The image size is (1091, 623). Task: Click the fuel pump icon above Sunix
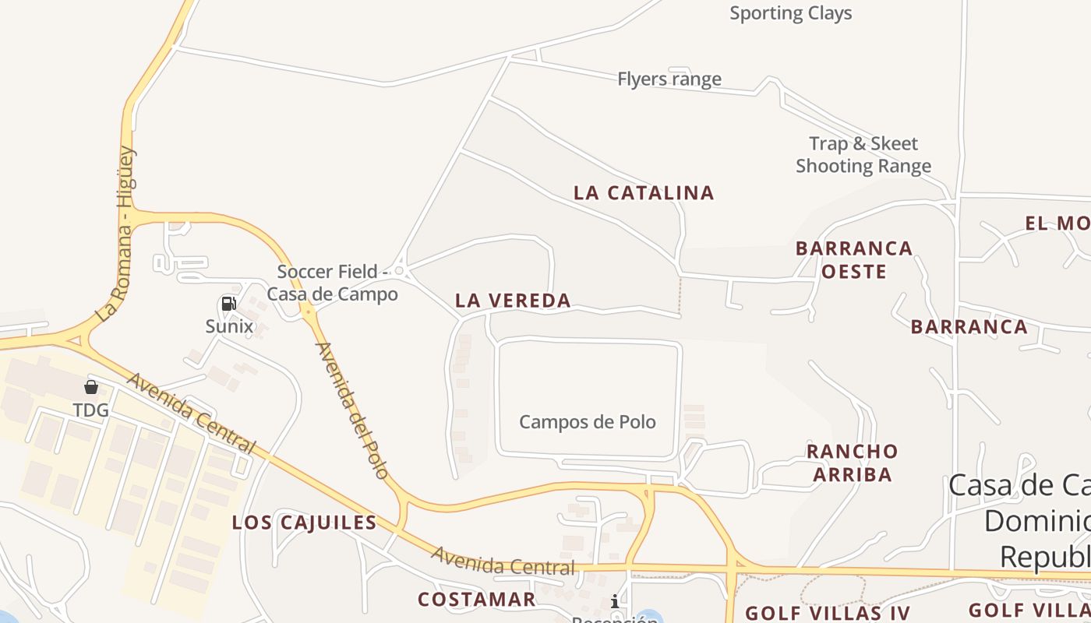pos(228,304)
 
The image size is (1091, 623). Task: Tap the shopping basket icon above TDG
pos(91,387)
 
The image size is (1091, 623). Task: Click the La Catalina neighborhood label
pos(644,193)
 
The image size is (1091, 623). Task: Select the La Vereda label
pos(513,301)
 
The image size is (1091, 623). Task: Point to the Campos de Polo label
pos(588,422)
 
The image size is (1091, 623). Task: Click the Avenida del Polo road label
pos(352,410)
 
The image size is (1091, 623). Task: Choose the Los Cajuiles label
pos(305,523)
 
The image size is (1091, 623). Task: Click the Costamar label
pos(476,599)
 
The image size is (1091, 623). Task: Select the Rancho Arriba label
pos(853,463)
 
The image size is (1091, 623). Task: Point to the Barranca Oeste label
pos(853,260)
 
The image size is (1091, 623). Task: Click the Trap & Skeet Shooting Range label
pos(863,154)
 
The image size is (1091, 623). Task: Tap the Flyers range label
pos(669,79)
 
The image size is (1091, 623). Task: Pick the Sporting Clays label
pos(790,13)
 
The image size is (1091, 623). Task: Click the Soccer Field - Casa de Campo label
pos(333,283)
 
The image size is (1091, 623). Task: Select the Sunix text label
pos(229,326)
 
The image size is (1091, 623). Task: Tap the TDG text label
pos(90,410)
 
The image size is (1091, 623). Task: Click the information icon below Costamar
pos(615,601)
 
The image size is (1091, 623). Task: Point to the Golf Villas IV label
pos(828,613)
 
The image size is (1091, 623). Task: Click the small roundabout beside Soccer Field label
pos(399,270)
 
